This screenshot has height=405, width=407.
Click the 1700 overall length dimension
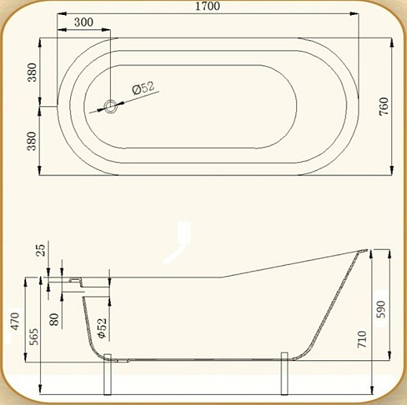pyautogui.click(x=207, y=6)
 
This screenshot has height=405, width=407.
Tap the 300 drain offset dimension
pyautogui.click(x=83, y=22)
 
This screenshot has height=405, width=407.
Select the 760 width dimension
pyautogui.click(x=384, y=106)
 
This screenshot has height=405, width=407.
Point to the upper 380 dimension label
pyautogui.click(x=32, y=72)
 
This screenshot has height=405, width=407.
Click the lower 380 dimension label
pyautogui.click(x=32, y=141)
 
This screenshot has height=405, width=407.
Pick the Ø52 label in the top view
pyautogui.click(x=144, y=87)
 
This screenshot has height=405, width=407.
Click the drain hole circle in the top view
pyautogui.click(x=110, y=106)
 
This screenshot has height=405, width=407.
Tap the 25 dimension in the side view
pyautogui.click(x=41, y=250)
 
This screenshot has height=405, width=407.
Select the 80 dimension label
pyautogui.click(x=54, y=319)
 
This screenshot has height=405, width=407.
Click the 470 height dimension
pyautogui.click(x=16, y=321)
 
